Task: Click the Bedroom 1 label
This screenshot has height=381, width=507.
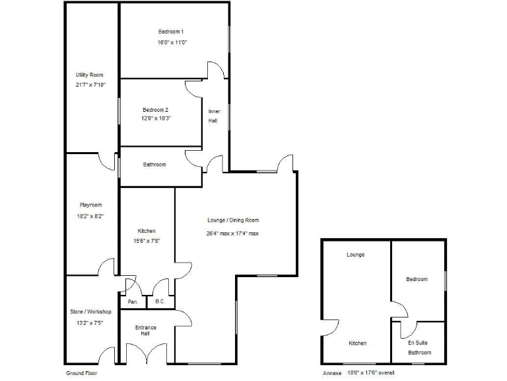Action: coord(170,32)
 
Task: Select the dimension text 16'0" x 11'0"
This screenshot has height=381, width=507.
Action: coord(172,42)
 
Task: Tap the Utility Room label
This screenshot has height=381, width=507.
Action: coord(90,75)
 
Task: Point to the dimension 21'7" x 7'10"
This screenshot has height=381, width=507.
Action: coord(90,85)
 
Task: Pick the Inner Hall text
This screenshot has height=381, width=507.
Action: coord(214,116)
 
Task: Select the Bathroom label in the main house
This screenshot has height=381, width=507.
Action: coord(154,165)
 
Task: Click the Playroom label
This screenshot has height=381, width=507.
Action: coord(90,206)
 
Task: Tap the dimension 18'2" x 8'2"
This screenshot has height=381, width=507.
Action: coord(90,216)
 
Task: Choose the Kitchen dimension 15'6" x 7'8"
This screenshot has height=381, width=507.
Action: coord(146,241)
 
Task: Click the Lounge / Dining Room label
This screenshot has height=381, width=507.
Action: coord(232,220)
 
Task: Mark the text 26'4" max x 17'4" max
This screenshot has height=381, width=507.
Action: coord(232,233)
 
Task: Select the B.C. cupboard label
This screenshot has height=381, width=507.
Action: coord(160,302)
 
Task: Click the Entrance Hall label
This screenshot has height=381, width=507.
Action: coord(146,331)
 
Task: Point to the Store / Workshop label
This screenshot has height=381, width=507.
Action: coord(90,312)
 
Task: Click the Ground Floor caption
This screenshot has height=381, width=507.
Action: coord(82,373)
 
